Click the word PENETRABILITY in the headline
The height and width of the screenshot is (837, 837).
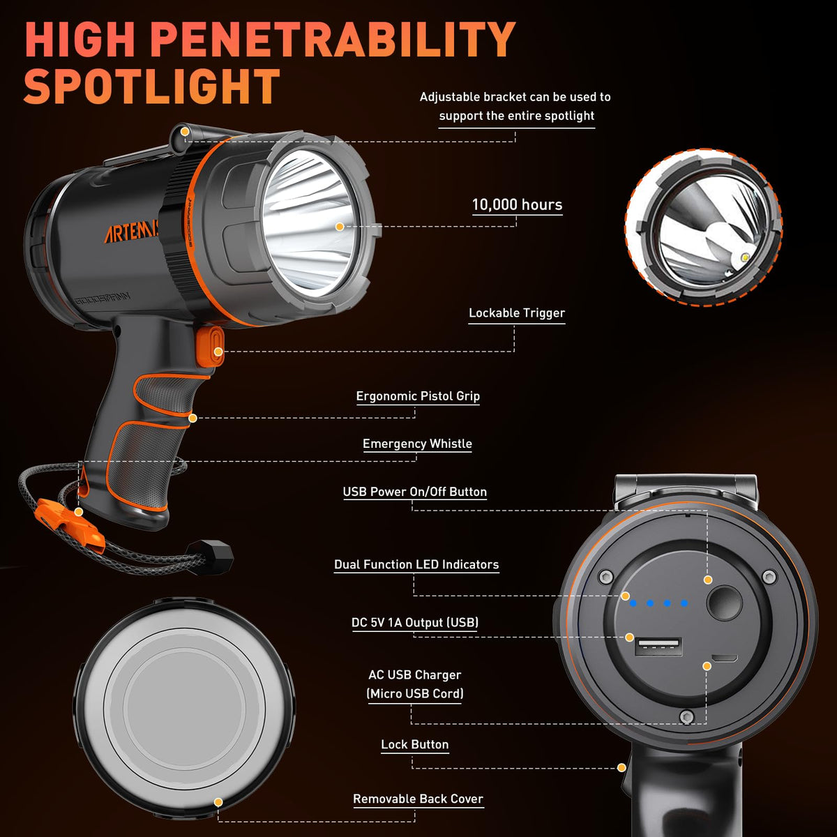[335, 39]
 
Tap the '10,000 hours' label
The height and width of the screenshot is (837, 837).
[517, 204]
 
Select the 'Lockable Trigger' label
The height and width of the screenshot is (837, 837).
[517, 312]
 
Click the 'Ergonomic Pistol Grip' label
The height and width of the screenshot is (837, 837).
[418, 396]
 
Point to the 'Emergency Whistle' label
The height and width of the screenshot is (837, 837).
[417, 444]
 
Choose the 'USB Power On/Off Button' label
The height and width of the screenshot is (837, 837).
[415, 492]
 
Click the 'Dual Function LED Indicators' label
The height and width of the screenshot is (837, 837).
[416, 564]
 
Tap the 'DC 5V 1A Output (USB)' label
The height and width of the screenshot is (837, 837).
[415, 622]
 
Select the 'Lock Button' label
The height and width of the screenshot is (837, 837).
[415, 744]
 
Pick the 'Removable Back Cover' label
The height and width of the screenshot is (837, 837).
[418, 799]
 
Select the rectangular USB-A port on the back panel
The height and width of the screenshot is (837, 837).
[658, 647]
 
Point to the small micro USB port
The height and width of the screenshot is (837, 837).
[725, 658]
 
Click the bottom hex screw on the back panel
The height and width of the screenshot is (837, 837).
[687, 716]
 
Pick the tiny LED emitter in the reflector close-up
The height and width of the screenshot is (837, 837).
[746, 259]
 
